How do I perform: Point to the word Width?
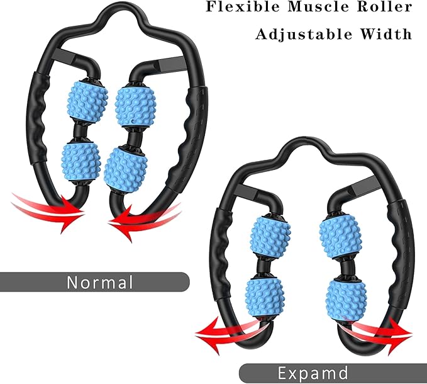[387, 33]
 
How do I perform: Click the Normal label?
[101, 281]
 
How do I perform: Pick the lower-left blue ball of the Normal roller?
[80, 162]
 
